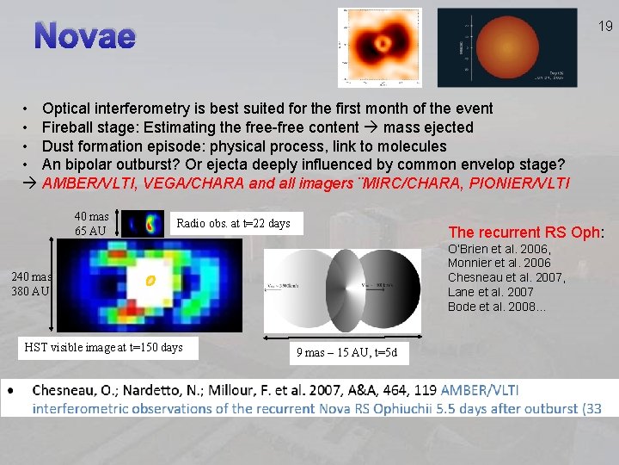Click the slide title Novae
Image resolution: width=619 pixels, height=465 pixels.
86,36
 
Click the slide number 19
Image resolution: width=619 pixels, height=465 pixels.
605,27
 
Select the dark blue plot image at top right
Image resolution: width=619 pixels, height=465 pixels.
482,47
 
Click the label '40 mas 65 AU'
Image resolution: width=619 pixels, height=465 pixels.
91,224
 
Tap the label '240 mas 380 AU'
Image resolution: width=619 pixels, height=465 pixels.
31,284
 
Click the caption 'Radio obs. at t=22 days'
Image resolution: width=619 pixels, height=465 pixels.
233,224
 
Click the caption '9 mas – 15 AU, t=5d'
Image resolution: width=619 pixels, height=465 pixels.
346,352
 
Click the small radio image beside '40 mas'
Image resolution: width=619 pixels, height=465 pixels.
152,226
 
